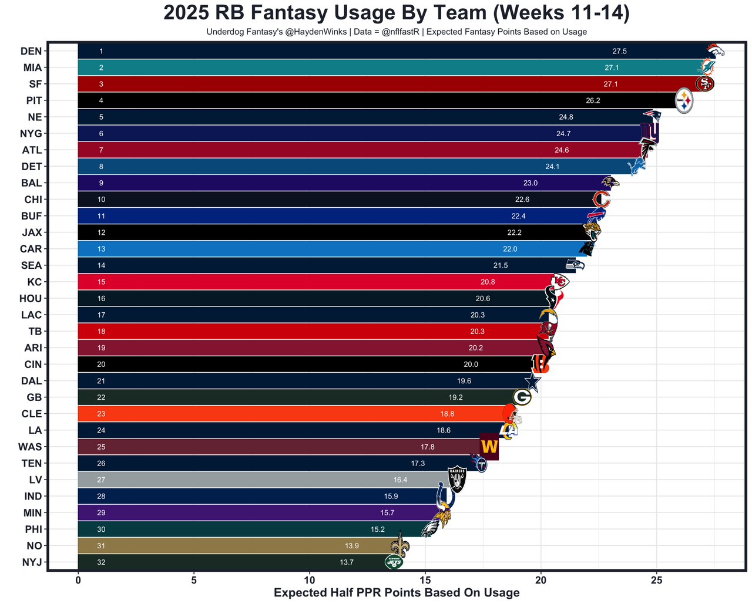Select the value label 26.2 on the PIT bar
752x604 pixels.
click(x=593, y=101)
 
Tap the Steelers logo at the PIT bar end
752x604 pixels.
click(x=684, y=101)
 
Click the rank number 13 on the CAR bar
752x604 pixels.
click(x=101, y=249)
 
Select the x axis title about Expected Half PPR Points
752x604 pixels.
click(x=397, y=593)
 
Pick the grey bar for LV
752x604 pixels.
click(x=264, y=480)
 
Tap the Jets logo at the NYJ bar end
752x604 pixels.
click(x=394, y=562)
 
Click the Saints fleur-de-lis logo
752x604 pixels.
click(x=400, y=545)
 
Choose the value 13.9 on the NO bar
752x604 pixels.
click(x=352, y=546)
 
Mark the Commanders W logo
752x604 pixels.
click(x=489, y=447)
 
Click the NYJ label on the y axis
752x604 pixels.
click(x=32, y=562)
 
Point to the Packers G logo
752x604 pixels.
click(x=522, y=397)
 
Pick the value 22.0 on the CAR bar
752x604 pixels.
click(x=510, y=249)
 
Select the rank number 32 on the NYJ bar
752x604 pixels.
click(x=101, y=562)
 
